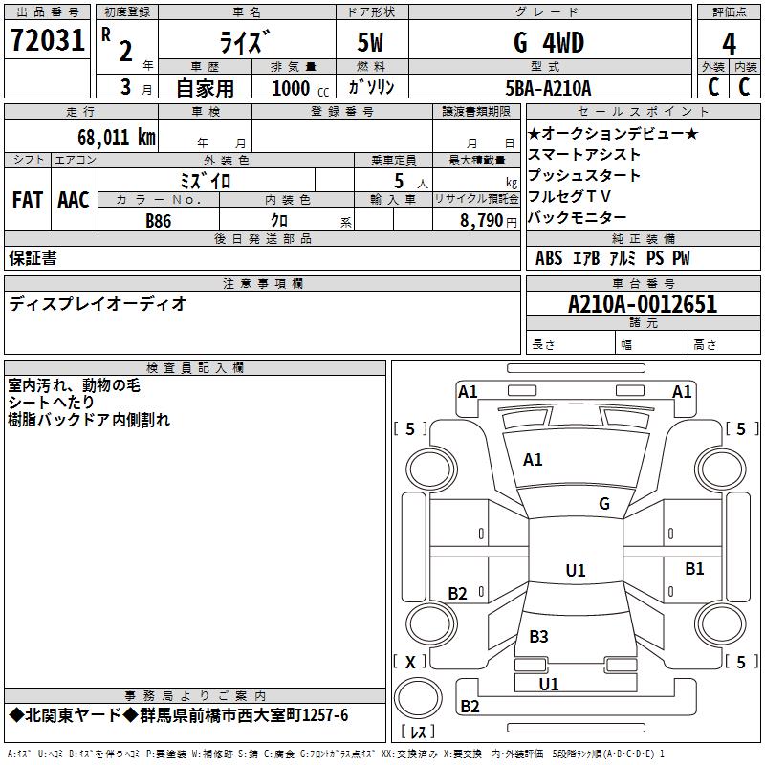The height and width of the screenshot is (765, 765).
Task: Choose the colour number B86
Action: [x=159, y=221]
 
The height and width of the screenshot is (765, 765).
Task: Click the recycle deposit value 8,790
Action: [x=475, y=221]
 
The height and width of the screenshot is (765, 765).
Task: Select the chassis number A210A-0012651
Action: [x=642, y=305]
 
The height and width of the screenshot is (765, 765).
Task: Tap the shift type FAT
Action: [x=27, y=200]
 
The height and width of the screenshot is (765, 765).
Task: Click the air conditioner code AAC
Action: [x=73, y=200]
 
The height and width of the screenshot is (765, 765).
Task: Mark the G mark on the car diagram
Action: [x=603, y=504]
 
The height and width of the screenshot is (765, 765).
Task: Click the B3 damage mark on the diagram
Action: [x=538, y=637]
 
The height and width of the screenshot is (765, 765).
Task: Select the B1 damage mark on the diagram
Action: [x=694, y=569]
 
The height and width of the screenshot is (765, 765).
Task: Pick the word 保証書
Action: [x=33, y=258]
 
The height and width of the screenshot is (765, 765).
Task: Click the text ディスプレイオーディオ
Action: [x=98, y=305]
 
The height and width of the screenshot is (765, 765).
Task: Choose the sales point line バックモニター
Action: [x=578, y=218]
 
